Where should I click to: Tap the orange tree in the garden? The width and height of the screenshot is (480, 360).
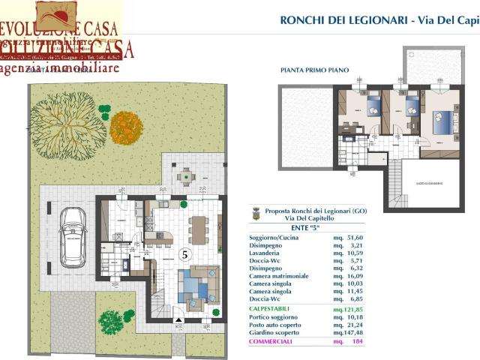[126, 127]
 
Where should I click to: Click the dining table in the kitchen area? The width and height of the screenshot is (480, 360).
[198, 229]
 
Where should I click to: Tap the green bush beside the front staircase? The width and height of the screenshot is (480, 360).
[112, 321]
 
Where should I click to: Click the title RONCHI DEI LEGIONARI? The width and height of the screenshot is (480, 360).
[343, 20]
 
